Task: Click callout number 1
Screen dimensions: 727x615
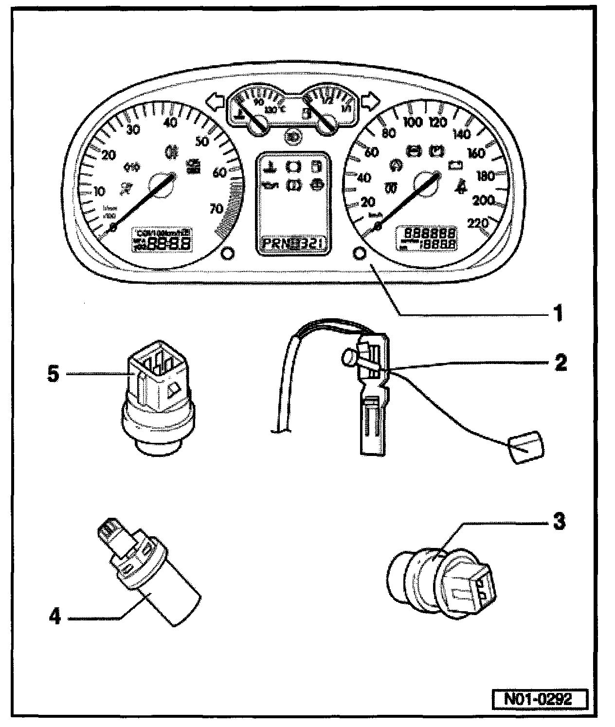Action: [x=558, y=313]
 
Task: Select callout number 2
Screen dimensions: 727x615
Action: [x=561, y=363]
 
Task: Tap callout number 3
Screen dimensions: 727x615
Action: [x=559, y=522]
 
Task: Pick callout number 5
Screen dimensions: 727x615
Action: [x=54, y=375]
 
